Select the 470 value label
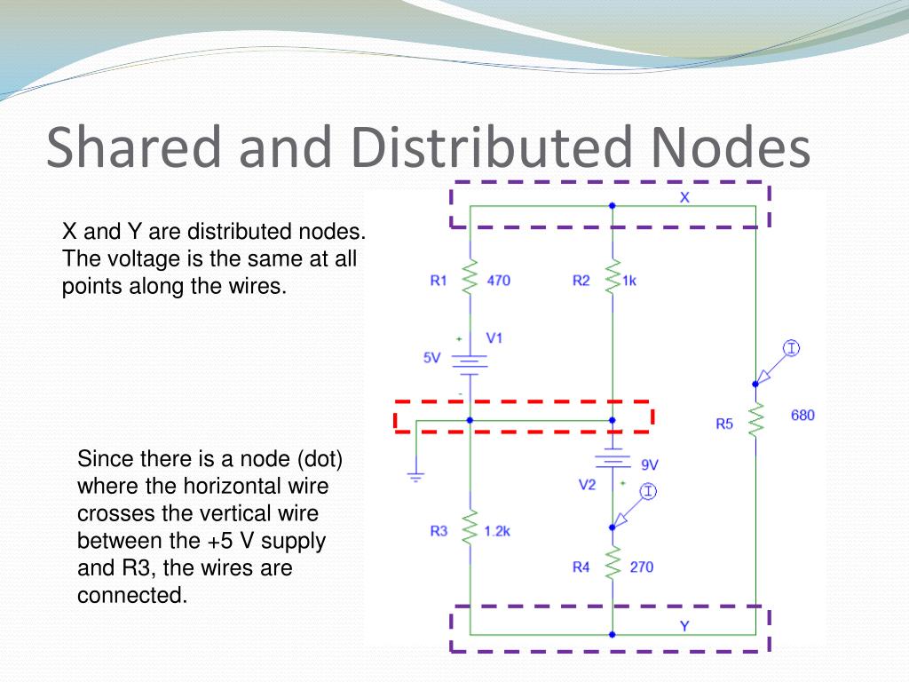click(499, 281)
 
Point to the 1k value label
click(629, 281)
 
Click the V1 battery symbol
click(470, 361)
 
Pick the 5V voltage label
click(431, 358)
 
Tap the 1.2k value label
click(497, 531)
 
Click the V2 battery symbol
click(612, 460)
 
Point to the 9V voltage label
click(650, 464)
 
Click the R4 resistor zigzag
click(612, 561)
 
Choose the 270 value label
click(641, 567)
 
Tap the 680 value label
click(802, 415)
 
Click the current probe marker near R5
click(790, 348)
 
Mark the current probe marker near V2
click(648, 491)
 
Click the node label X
click(684, 198)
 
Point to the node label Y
click(684, 626)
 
